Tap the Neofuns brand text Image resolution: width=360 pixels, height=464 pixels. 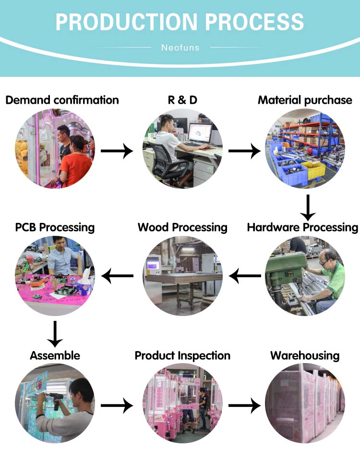180,48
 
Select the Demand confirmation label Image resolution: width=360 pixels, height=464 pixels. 62,100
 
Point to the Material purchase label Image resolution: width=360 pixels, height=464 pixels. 305,100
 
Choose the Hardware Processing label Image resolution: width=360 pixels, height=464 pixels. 302,227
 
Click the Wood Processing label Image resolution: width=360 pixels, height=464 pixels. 182,227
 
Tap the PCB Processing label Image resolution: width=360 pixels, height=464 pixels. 55,227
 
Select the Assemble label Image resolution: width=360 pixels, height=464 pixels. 55,355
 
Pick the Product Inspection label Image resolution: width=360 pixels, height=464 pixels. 182,355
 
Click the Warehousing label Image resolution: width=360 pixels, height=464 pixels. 305,355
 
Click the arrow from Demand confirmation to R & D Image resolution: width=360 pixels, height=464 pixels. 117,151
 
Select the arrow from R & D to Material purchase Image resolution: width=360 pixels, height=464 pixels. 244,151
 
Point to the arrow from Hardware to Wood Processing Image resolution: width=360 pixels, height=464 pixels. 245,276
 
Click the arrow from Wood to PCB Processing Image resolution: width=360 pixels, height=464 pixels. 118,276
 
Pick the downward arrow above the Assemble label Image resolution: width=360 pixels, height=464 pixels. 55,333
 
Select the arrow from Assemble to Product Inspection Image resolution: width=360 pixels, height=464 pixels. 117,406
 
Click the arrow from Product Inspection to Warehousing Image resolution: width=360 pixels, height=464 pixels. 244,406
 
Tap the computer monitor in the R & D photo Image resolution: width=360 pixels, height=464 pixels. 200,132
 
